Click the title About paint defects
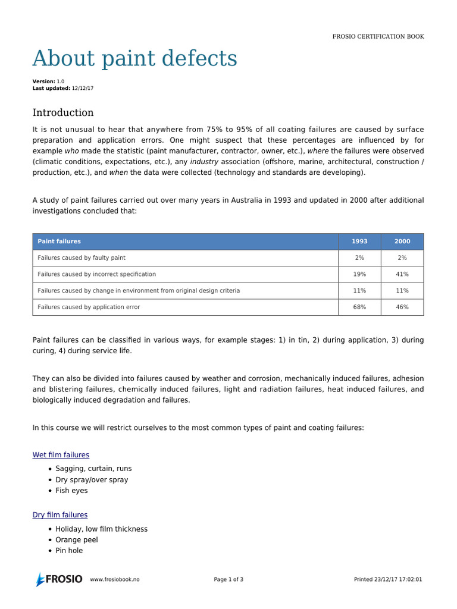(134, 59)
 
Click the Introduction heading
(63, 112)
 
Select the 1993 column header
(359, 241)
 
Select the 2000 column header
(402, 241)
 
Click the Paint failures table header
(60, 241)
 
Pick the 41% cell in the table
(402, 274)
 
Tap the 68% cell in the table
(359, 307)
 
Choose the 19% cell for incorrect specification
(359, 274)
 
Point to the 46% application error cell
(402, 307)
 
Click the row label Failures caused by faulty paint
(82, 258)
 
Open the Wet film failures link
(61, 455)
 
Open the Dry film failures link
(60, 515)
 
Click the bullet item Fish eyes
(71, 491)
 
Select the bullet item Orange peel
(77, 540)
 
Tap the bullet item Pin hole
(69, 551)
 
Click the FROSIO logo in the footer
(59, 579)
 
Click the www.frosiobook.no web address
(115, 579)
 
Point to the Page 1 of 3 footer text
(228, 579)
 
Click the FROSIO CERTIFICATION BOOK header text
(378, 36)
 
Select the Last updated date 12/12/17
(83, 88)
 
